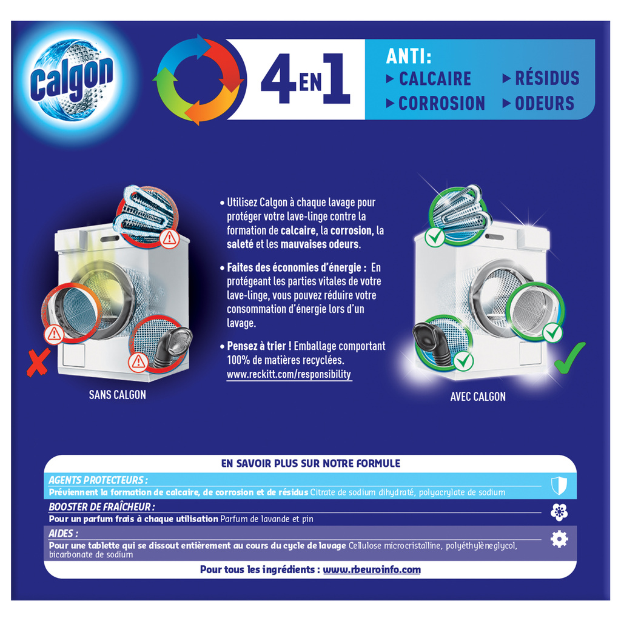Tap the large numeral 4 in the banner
tap(278, 79)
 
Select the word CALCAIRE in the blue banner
tap(435, 78)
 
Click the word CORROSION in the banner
tap(441, 103)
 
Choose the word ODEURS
tap(545, 103)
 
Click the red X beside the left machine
tap(38, 362)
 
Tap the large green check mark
tap(569, 358)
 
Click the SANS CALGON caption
tap(117, 395)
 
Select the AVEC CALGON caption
tap(478, 397)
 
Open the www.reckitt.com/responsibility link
tap(289, 374)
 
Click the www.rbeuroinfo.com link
tap(372, 569)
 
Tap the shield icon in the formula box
tap(559, 486)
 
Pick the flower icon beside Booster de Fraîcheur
tap(559, 512)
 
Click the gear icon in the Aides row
tap(559, 539)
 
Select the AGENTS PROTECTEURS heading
tap(98, 480)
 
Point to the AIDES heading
tap(63, 534)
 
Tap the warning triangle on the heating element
tap(170, 238)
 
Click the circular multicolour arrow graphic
tap(198, 79)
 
